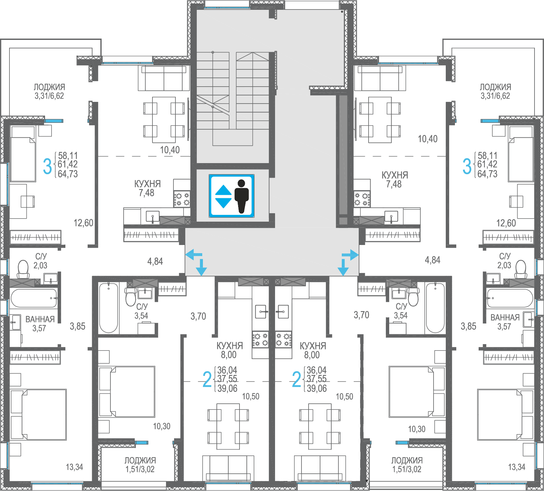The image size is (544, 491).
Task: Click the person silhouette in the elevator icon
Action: click(x=242, y=196)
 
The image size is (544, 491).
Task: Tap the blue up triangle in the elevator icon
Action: click(x=224, y=190)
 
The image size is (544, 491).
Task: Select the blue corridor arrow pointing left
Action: click(x=194, y=254)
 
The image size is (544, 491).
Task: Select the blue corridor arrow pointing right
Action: click(x=350, y=254)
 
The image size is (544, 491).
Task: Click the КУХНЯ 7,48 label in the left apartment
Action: click(x=147, y=188)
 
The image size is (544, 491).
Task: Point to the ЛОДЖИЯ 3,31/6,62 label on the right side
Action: click(x=495, y=91)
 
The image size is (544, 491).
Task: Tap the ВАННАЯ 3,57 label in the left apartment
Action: click(x=40, y=323)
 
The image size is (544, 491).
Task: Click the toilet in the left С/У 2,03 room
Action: click(x=23, y=269)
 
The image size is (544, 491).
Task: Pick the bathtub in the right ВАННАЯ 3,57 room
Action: click(x=510, y=298)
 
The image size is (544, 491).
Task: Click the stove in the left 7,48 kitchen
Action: click(x=182, y=199)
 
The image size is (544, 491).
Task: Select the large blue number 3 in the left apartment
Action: click(x=47, y=166)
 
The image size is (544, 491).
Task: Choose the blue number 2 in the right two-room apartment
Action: click(x=296, y=379)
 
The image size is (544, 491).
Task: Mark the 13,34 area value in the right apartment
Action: click(x=517, y=467)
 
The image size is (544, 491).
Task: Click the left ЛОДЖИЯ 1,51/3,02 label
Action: click(x=140, y=465)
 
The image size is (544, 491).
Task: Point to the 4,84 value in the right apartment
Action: click(x=433, y=260)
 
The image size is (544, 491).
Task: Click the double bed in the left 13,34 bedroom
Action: click(x=38, y=415)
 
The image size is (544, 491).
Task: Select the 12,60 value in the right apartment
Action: click(x=506, y=223)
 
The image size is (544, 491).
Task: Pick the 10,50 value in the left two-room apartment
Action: click(x=251, y=396)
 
